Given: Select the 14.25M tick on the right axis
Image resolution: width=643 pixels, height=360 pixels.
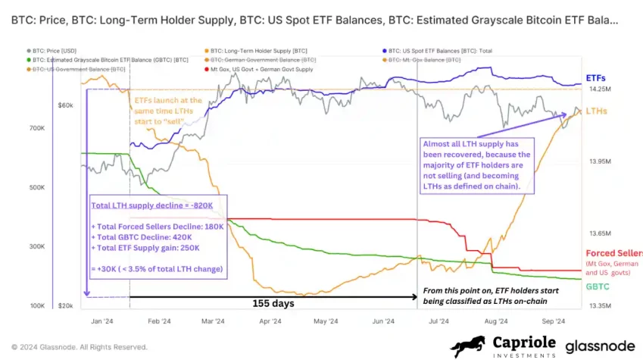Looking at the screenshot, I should (599, 89).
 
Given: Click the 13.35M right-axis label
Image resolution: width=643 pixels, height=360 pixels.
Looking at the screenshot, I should (599, 305).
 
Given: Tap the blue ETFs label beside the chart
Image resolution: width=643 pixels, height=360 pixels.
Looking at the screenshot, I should (596, 77).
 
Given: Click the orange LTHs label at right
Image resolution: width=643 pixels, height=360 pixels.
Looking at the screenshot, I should (596, 111).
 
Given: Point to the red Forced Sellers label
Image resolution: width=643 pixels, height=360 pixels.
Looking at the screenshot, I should (613, 253).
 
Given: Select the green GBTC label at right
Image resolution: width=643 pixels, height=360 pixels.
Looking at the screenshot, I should (598, 286).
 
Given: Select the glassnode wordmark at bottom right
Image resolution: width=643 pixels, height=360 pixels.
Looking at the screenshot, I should (601, 346).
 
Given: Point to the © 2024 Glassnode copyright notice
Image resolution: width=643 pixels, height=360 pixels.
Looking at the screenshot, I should (79, 347).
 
